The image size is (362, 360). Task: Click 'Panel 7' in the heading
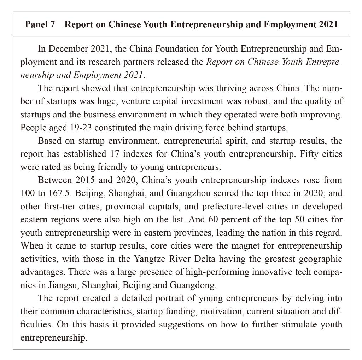coord(40,25)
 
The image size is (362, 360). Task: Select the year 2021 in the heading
coord(328,25)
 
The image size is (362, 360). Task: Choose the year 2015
coord(84,180)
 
